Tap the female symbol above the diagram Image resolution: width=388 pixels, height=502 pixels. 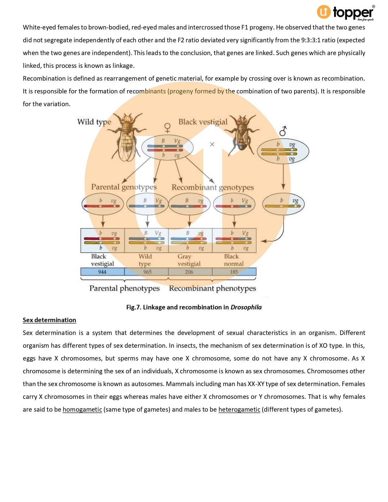(167, 127)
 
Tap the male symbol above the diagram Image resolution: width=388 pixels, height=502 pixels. (283, 131)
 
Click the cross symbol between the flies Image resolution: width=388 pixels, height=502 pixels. (212, 144)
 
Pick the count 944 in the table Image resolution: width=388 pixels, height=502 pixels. (102, 272)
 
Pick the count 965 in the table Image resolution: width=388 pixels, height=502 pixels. (147, 272)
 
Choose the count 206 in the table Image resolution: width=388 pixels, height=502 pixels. (189, 272)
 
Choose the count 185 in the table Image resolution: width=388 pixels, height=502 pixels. (234, 272)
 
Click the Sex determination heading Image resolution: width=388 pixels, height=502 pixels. (49, 320)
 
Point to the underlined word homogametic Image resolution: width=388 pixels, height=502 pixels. (82, 410)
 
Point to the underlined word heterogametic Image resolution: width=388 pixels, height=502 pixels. (239, 410)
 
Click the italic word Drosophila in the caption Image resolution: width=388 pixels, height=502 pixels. (246, 307)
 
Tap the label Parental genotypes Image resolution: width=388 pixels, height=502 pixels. (124, 187)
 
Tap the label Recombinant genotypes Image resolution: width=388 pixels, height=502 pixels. (212, 187)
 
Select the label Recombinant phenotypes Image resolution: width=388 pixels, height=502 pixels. (212, 288)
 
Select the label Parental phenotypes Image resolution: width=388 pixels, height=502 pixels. (124, 288)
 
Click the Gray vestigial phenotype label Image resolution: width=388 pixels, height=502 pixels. (189, 260)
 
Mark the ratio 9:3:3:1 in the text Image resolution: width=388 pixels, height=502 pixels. (310, 40)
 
